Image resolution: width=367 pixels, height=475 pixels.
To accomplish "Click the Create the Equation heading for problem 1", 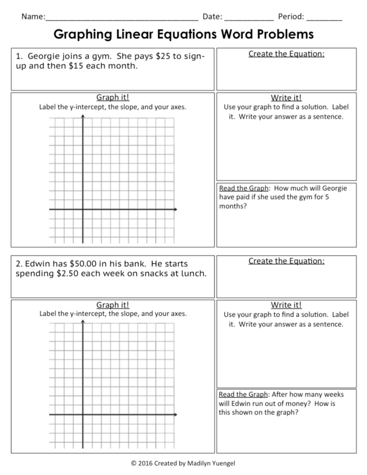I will click(286, 54).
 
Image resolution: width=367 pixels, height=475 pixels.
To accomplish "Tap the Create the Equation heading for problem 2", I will click(286, 261).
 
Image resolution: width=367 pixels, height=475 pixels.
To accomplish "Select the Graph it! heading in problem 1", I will click(113, 97).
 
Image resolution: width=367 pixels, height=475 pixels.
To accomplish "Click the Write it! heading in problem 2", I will click(286, 305).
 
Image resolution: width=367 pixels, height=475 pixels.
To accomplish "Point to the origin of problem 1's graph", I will click(83, 209).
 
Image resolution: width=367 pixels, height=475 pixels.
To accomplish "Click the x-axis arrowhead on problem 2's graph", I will click(176, 414).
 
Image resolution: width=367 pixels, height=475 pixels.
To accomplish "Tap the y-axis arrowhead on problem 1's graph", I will click(83, 116).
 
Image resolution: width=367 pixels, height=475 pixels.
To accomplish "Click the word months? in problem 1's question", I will click(233, 206).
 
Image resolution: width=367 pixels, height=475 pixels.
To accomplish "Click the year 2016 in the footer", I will click(145, 463).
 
